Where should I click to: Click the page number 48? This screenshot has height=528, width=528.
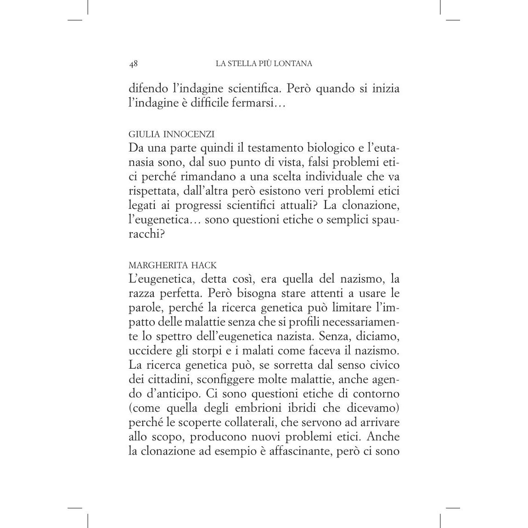(x=134, y=64)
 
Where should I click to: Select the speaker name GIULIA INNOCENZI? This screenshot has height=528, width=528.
(x=172, y=134)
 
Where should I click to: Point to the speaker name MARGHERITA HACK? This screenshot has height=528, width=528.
(x=173, y=265)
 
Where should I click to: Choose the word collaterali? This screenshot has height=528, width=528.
(x=253, y=422)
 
